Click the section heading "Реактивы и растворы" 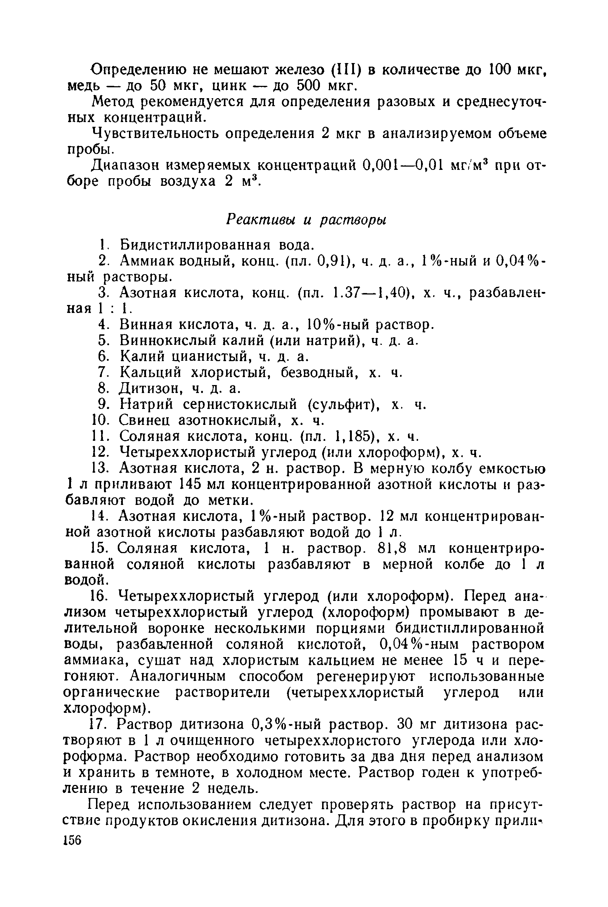(x=306, y=220)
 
